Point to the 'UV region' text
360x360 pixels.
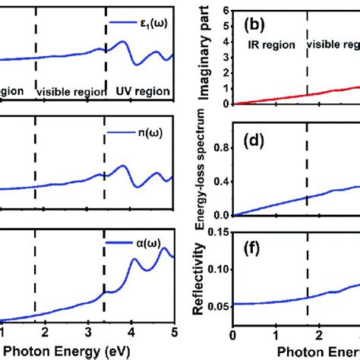[x=142, y=89]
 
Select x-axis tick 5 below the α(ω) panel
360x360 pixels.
[x=174, y=332]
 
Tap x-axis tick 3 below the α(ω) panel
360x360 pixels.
[x=88, y=332]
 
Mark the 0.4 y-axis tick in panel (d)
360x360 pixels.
[x=221, y=179]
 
